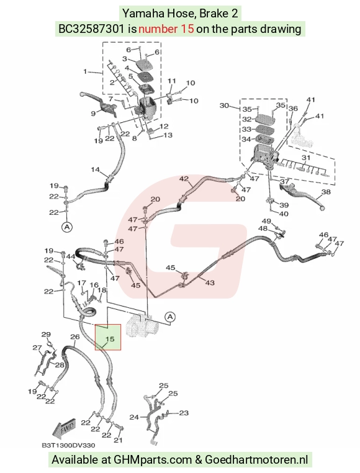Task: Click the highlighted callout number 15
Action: [x=109, y=339]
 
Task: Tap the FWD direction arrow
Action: [x=63, y=429]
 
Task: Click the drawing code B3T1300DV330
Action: [x=68, y=445]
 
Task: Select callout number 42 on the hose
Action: [x=184, y=179]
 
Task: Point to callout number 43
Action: [x=210, y=282]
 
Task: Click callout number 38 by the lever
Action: [x=326, y=192]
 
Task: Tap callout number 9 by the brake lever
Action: [x=93, y=114]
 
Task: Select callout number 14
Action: [x=96, y=169]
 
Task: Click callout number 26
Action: [x=75, y=336]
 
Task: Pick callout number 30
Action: [x=224, y=106]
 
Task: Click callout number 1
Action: [x=85, y=71]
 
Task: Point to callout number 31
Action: [x=306, y=158]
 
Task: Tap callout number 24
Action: [x=134, y=417]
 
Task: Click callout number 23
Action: [x=184, y=413]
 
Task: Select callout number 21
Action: [x=118, y=440]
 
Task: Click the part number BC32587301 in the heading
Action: [x=91, y=29]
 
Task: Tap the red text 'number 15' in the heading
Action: [x=166, y=29]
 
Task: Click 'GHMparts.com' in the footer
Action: [x=153, y=460]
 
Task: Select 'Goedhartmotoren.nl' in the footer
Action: [x=256, y=460]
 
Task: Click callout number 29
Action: [x=46, y=334]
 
